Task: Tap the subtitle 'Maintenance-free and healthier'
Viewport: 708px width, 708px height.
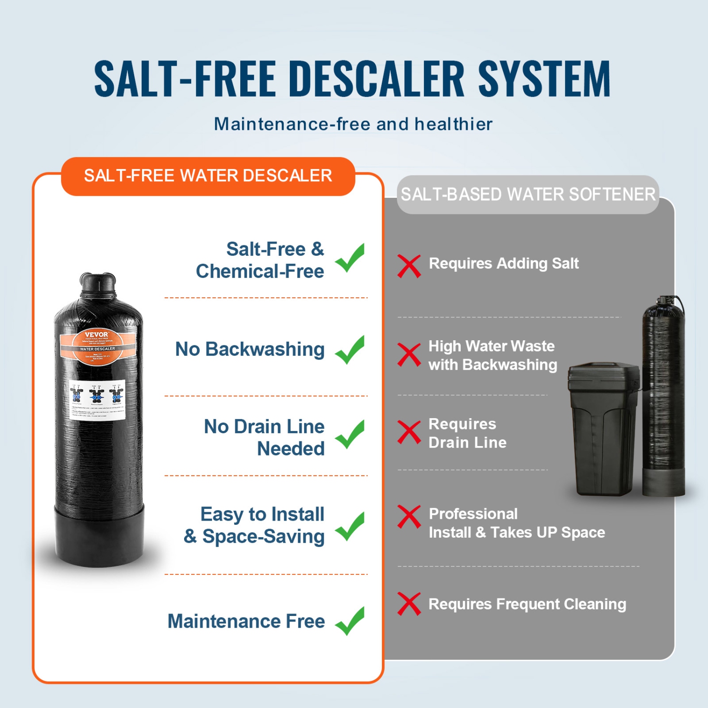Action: (x=353, y=124)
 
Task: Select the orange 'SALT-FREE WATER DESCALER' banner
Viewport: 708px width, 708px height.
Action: (x=208, y=176)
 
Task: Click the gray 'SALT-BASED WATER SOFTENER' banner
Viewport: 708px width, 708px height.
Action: (x=528, y=194)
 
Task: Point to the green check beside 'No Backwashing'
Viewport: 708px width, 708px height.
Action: (x=350, y=350)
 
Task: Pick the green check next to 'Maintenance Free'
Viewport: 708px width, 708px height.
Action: (x=350, y=621)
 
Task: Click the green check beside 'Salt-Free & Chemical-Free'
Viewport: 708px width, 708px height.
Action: (x=350, y=258)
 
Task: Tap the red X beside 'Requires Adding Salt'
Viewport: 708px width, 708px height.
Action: (x=409, y=266)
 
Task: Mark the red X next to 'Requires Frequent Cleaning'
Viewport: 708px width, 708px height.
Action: (x=409, y=604)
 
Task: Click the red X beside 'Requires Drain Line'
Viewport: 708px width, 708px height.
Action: (x=409, y=432)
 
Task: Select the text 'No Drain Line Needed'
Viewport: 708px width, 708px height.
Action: (x=264, y=438)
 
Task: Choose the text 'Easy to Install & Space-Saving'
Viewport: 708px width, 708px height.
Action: (x=255, y=525)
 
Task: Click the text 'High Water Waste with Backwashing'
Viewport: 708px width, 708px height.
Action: (x=492, y=355)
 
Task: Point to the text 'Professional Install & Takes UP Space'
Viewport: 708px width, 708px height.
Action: (x=516, y=523)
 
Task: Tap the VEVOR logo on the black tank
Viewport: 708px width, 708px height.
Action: (x=96, y=335)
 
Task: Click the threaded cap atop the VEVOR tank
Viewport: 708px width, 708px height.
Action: (x=98, y=283)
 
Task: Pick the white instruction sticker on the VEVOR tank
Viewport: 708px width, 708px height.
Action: (x=97, y=399)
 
